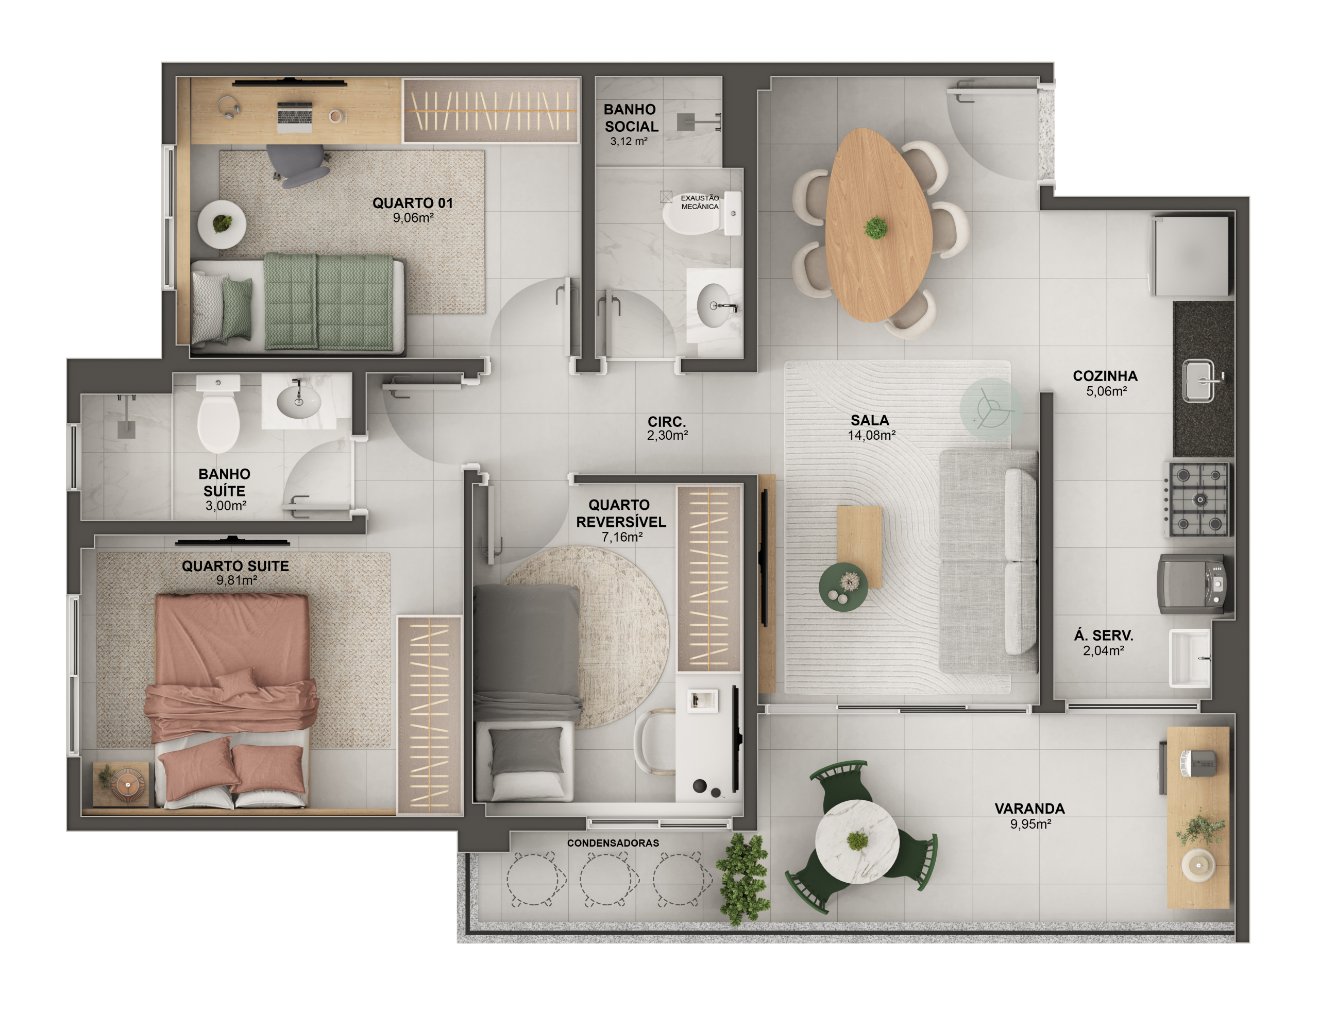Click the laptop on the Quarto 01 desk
click(x=295, y=116)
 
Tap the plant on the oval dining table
click(x=876, y=228)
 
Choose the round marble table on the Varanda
click(x=857, y=841)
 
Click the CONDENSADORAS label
click(x=613, y=843)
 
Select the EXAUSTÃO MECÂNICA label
click(x=700, y=202)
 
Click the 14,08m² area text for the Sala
click(x=871, y=435)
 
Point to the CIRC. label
click(x=667, y=422)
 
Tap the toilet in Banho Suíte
click(x=218, y=414)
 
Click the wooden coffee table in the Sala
click(x=859, y=547)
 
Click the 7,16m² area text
click(x=622, y=537)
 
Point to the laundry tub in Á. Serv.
click(x=1190, y=659)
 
